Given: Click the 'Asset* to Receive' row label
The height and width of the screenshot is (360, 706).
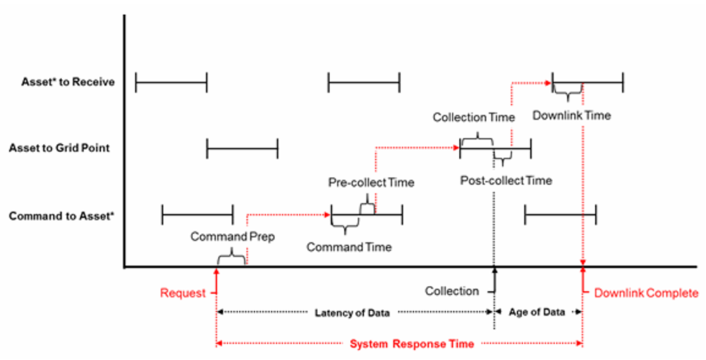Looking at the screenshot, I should tap(68, 82).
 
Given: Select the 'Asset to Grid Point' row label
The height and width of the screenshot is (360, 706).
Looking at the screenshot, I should tap(59, 148).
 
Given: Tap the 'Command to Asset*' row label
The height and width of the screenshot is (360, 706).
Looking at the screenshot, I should tap(61, 216).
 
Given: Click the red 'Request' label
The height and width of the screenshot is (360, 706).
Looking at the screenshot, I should tap(183, 293).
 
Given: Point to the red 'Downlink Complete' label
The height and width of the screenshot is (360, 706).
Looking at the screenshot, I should tap(646, 293).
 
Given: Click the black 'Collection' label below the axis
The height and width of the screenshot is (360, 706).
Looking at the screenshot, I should tap(451, 291).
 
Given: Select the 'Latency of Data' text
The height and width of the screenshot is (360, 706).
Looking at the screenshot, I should tap(352, 313).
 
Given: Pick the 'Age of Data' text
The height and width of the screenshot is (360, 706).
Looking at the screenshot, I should tap(537, 313).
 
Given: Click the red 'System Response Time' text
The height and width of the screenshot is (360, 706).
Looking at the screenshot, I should tap(411, 344).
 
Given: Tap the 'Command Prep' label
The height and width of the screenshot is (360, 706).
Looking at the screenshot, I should tap(232, 237).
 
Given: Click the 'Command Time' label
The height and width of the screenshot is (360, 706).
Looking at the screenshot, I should tap(349, 247).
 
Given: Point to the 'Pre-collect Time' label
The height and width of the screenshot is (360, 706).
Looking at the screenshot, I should tap(371, 183).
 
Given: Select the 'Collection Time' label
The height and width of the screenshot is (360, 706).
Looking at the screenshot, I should tap(474, 117).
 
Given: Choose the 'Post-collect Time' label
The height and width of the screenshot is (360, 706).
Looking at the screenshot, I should tap(506, 181).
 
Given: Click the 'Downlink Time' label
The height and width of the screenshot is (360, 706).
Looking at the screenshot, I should tap(572, 115).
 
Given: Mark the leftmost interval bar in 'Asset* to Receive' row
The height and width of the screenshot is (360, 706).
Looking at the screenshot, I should tap(171, 83).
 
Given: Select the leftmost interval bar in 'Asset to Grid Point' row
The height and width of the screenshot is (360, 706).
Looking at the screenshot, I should tap(242, 148).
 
